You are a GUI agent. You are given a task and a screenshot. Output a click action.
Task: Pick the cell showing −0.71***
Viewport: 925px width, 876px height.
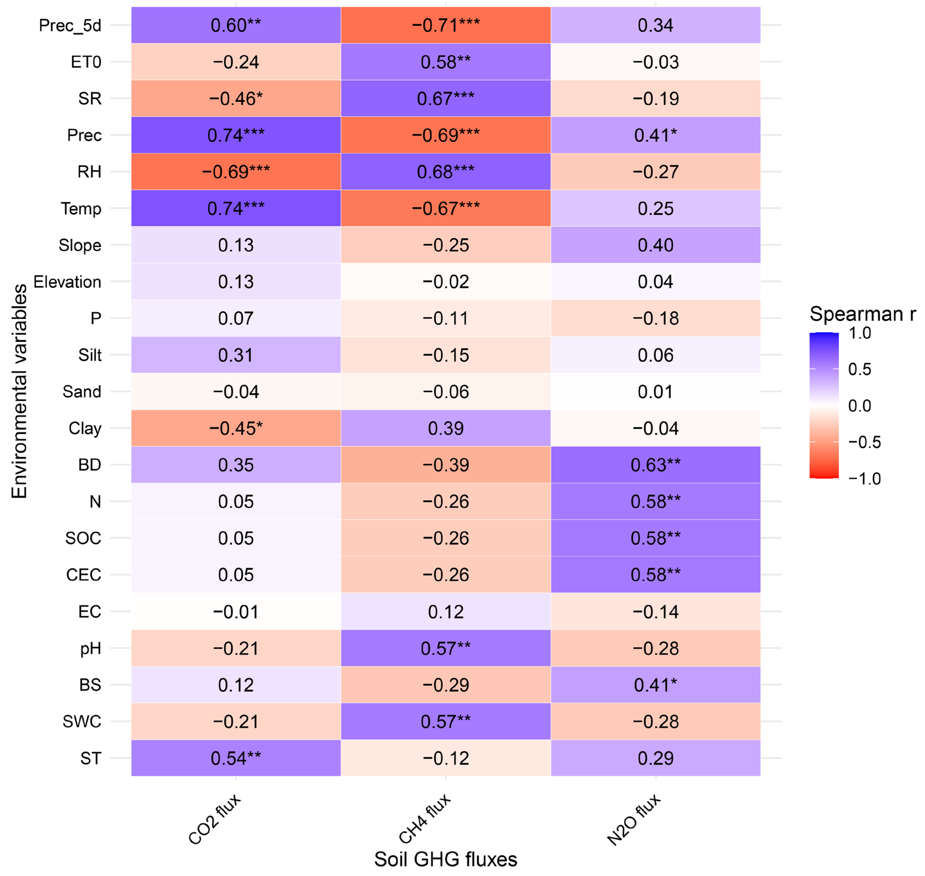tap(446, 25)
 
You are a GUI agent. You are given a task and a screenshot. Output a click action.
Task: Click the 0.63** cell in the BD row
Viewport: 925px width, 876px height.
tap(656, 465)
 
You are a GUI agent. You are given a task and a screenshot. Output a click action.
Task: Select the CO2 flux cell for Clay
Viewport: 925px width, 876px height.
tap(236, 429)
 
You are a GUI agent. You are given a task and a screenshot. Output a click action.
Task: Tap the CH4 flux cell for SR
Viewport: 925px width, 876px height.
tap(446, 99)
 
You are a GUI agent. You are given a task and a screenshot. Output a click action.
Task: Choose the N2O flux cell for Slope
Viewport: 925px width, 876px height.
tap(656, 245)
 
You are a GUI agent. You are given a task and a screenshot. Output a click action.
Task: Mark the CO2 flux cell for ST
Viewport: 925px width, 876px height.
tap(236, 758)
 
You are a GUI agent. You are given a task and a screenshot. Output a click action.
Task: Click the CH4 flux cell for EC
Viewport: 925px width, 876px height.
tap(446, 612)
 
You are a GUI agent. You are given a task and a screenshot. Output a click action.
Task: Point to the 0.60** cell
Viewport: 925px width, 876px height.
tap(236, 25)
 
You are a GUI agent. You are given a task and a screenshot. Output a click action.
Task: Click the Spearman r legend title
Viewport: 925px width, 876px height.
tap(862, 314)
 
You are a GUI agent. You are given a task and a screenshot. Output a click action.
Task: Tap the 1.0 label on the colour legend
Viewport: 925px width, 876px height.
tap(860, 333)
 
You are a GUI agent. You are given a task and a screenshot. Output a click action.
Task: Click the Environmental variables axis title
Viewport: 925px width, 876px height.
tap(19, 391)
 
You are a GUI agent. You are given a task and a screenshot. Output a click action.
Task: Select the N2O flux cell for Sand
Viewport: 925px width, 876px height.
tap(656, 392)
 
